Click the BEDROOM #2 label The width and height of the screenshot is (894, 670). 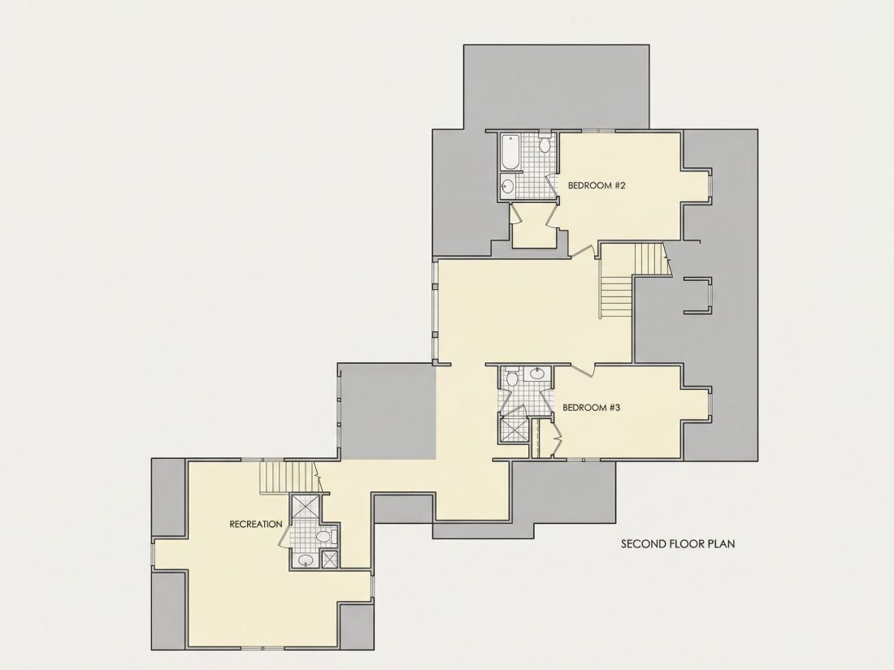coord(597,185)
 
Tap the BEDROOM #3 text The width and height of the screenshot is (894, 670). coord(591,408)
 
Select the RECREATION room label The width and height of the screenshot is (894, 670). coord(255,524)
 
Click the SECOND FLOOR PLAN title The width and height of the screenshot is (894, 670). coord(678,543)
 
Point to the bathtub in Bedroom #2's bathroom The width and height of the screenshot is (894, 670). coord(510,152)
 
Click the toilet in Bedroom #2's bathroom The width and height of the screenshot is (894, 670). coord(545,144)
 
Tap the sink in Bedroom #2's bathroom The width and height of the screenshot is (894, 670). coord(507,185)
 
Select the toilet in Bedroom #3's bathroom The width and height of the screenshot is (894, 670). coord(511,377)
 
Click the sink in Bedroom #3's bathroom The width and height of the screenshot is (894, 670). coord(537,374)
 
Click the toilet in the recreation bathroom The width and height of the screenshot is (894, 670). coord(326,536)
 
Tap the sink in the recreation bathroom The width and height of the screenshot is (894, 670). coord(306,560)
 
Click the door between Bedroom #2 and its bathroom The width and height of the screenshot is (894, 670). coord(551,186)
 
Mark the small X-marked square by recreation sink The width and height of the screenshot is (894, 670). coord(330,559)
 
